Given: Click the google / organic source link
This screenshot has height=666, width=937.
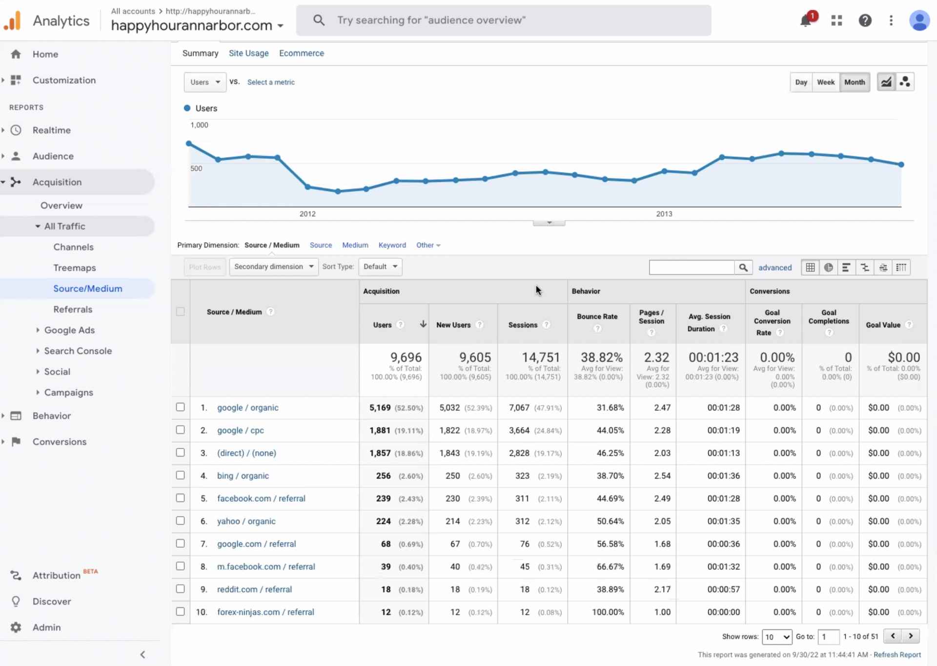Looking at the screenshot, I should (x=247, y=408).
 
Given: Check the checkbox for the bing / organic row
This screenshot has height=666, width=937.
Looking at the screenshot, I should (x=180, y=475).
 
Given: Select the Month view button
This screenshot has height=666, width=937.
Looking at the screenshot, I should (x=854, y=82).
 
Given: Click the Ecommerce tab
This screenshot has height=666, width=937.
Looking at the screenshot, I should (x=301, y=53).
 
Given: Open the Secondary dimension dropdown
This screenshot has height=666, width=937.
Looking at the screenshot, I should (x=273, y=267).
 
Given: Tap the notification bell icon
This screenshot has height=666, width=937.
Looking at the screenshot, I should (x=805, y=21).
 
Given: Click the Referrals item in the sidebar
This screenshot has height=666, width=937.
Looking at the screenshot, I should (x=73, y=309).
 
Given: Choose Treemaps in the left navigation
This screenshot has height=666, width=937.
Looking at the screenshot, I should (x=75, y=268).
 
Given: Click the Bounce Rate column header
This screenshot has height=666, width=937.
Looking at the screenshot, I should (x=597, y=316).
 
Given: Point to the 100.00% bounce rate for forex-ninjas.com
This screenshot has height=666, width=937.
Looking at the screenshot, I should (x=608, y=612).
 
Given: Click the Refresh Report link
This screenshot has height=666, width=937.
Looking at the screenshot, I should (x=897, y=655).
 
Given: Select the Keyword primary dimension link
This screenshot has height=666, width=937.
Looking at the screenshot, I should (x=392, y=245).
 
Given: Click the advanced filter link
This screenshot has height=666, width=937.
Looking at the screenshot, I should (x=774, y=268).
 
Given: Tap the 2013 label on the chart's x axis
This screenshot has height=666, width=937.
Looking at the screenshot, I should (x=664, y=214).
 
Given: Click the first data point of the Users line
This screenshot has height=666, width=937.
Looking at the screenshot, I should (x=189, y=144).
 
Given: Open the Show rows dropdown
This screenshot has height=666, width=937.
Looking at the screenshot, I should (x=777, y=637).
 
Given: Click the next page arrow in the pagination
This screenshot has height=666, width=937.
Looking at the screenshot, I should (x=911, y=636).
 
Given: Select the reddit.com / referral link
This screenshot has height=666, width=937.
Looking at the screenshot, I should (x=254, y=589).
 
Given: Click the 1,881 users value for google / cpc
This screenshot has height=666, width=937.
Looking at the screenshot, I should (x=380, y=430).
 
